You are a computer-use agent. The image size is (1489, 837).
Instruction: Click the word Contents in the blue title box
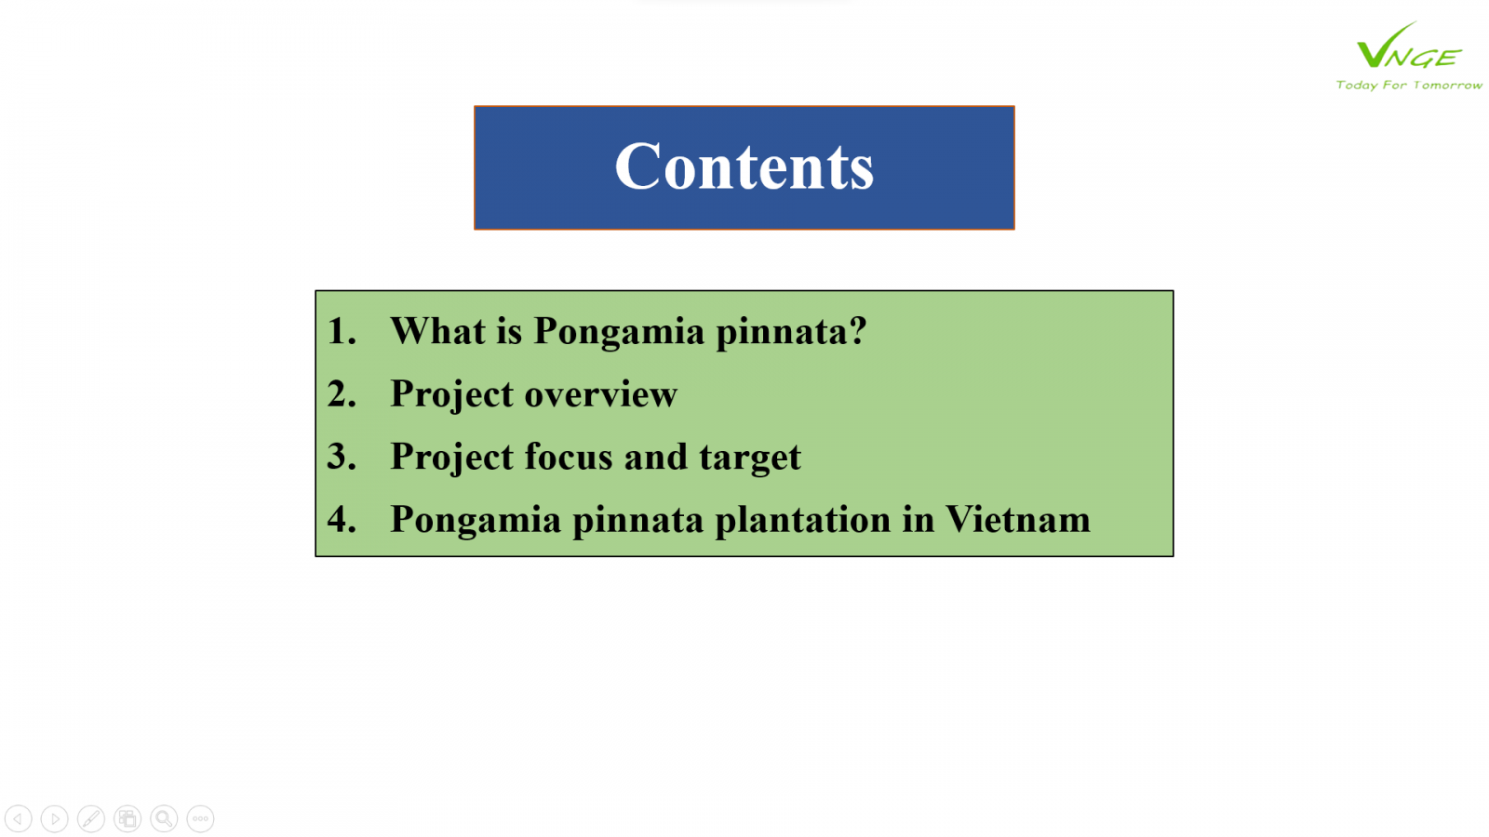[x=744, y=166]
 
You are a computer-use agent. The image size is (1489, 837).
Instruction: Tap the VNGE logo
[x=1409, y=46]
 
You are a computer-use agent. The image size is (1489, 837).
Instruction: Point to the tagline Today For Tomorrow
[x=1409, y=85]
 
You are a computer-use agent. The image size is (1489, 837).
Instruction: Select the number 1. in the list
[x=342, y=331]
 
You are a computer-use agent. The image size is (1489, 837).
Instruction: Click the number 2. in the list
[x=342, y=393]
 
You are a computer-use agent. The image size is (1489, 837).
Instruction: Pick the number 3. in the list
[x=342, y=457]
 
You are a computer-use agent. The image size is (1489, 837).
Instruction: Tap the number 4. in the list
[x=342, y=519]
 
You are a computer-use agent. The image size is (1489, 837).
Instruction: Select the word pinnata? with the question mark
[x=791, y=332]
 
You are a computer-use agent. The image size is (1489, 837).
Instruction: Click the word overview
[x=601, y=394]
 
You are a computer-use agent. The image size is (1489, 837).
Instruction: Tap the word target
[x=750, y=458]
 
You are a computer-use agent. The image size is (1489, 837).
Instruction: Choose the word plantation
[x=802, y=520]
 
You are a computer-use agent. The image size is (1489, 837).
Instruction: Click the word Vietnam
[x=1018, y=519]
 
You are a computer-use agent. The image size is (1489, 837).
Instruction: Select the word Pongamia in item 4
[x=476, y=521]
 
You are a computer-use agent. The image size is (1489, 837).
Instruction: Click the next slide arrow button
[x=55, y=818]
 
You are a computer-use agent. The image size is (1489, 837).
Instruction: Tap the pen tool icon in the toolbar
[x=91, y=818]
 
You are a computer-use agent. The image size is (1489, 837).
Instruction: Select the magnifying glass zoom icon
[x=164, y=818]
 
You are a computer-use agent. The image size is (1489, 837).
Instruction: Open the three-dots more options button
[x=200, y=818]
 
